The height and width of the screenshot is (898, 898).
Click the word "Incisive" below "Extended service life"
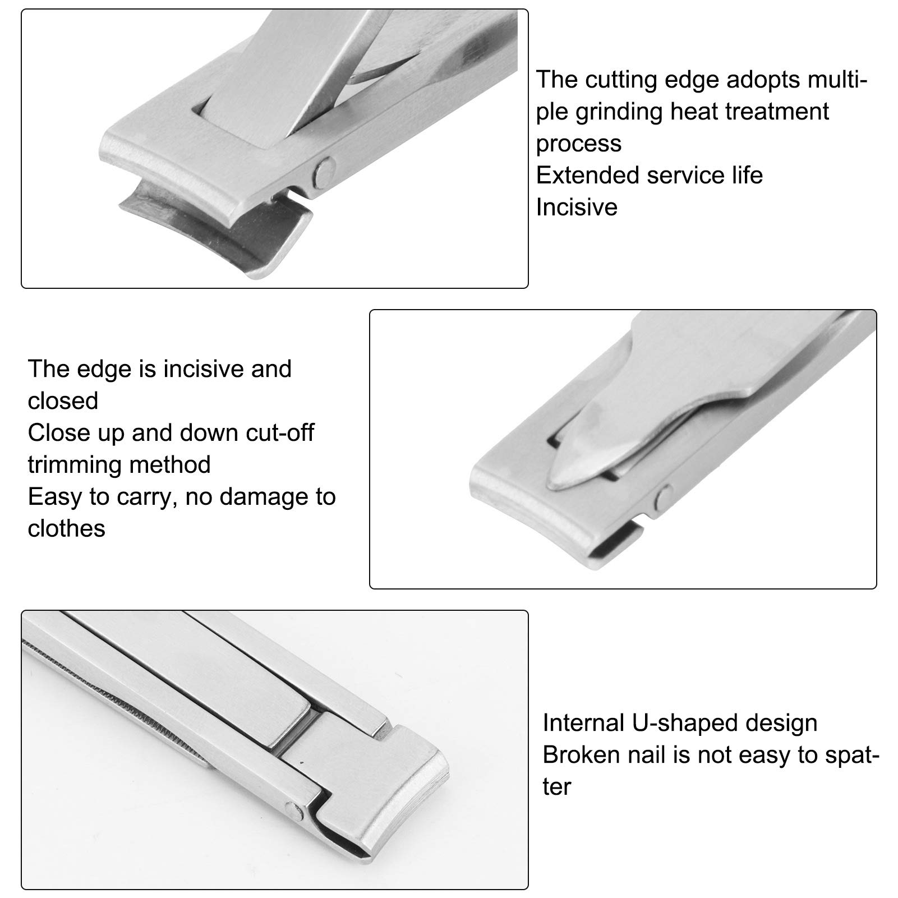577,207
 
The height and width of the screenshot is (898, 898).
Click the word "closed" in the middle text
63,400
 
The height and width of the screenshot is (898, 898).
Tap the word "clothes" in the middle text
66,528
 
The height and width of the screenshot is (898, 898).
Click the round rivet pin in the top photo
324,169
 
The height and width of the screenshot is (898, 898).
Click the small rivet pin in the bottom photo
292,808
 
